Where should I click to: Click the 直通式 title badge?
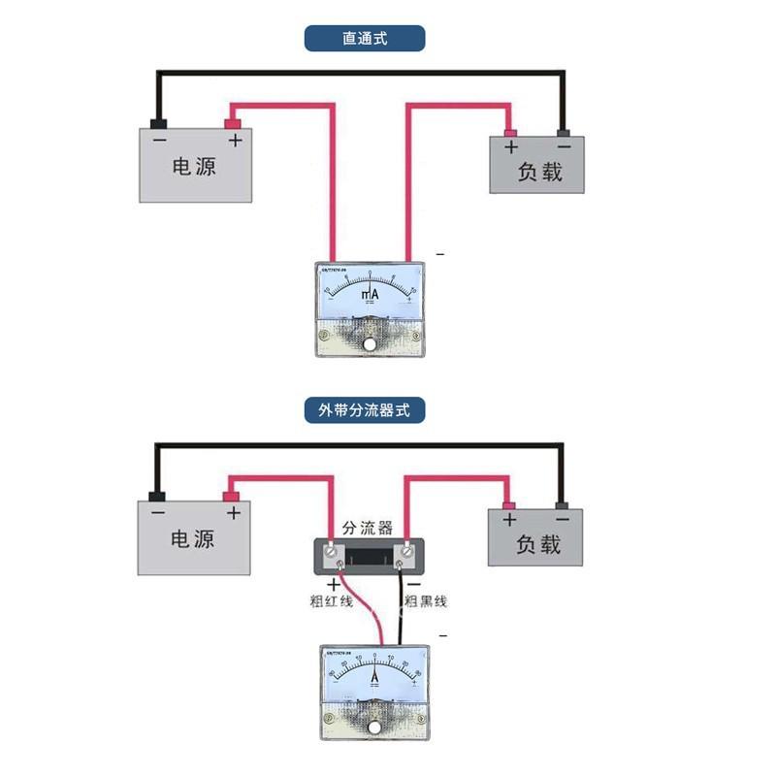click(x=365, y=39)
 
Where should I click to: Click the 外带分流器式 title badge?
click(x=365, y=409)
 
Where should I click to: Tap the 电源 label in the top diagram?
click(x=194, y=167)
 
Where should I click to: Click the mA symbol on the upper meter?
click(x=371, y=293)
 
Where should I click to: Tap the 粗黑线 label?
click(x=425, y=601)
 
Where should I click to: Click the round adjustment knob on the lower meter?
click(x=373, y=727)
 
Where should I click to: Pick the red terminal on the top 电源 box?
click(x=233, y=123)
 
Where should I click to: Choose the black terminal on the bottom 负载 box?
click(x=562, y=504)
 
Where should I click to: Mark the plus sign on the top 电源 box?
click(x=234, y=141)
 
